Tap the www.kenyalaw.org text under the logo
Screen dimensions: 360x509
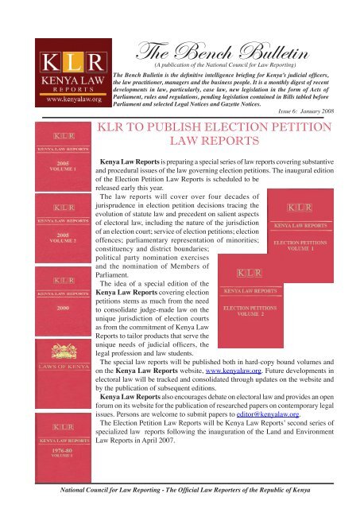click(x=55, y=100)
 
